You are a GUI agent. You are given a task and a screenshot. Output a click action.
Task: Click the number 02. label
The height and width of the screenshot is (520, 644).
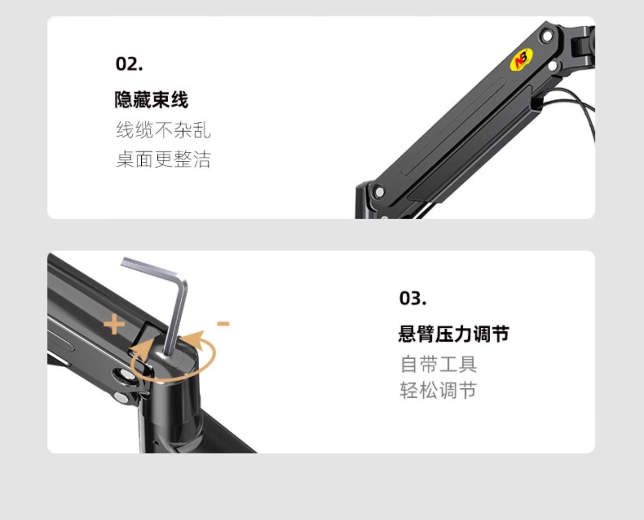[x=129, y=64]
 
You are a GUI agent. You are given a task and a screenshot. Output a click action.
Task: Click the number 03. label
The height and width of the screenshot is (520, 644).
[x=413, y=298]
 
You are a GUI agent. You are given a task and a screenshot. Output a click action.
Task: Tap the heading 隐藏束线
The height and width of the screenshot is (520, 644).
[x=151, y=100]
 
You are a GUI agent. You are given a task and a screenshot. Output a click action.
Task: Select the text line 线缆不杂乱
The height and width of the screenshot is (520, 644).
[x=163, y=130]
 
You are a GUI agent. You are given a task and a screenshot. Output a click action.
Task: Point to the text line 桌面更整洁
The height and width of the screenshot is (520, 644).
[x=163, y=159]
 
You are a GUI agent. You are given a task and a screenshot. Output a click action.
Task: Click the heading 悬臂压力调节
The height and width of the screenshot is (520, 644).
[x=454, y=334]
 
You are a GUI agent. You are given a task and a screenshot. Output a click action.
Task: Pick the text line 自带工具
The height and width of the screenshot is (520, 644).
[x=438, y=364]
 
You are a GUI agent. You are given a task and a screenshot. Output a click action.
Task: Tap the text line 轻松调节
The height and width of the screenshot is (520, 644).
[x=438, y=390]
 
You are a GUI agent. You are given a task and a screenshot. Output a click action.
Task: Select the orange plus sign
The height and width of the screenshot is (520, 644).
[x=114, y=324]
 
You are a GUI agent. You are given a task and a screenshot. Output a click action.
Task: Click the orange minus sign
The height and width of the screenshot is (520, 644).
[x=223, y=323]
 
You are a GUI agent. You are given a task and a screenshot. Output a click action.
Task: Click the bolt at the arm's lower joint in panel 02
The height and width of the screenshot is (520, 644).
[x=378, y=191]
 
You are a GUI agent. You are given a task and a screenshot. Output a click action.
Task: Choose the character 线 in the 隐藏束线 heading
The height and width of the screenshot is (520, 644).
[x=179, y=100]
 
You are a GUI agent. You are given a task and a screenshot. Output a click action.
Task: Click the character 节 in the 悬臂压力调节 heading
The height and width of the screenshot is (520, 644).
[x=501, y=334]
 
